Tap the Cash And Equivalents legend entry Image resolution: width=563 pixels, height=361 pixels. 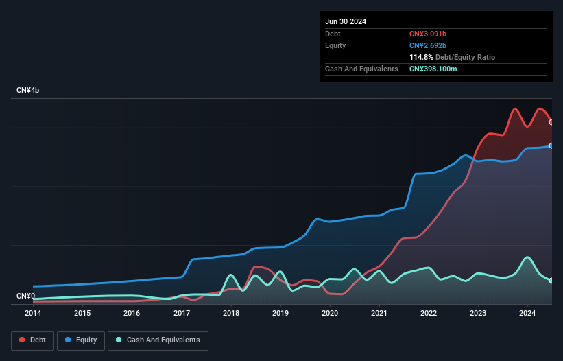tap(158, 340)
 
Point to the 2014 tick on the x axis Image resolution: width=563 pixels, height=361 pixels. tap(33, 314)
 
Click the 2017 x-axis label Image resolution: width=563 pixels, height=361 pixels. tap(182, 314)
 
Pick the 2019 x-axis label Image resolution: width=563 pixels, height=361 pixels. tap(280, 314)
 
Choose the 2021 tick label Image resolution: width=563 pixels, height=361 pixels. tap(379, 314)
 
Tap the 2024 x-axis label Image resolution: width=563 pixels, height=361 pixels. tap(527, 314)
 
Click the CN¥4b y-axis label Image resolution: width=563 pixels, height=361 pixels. tap(28, 91)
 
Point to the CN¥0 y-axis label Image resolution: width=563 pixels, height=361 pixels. tap(25, 296)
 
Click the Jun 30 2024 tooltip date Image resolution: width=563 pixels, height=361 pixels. tap(346, 21)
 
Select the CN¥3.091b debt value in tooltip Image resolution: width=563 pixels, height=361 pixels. tap(433, 34)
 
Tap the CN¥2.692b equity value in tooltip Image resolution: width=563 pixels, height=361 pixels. tap(433, 45)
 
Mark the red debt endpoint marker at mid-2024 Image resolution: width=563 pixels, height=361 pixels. tap(551, 122)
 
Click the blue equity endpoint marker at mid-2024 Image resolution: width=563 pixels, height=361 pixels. tap(551, 145)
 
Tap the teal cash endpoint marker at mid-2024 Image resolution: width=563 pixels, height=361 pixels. tap(551, 281)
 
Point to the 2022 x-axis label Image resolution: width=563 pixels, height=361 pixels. tap(429, 314)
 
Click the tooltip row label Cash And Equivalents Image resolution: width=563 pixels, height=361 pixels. tap(361, 69)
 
